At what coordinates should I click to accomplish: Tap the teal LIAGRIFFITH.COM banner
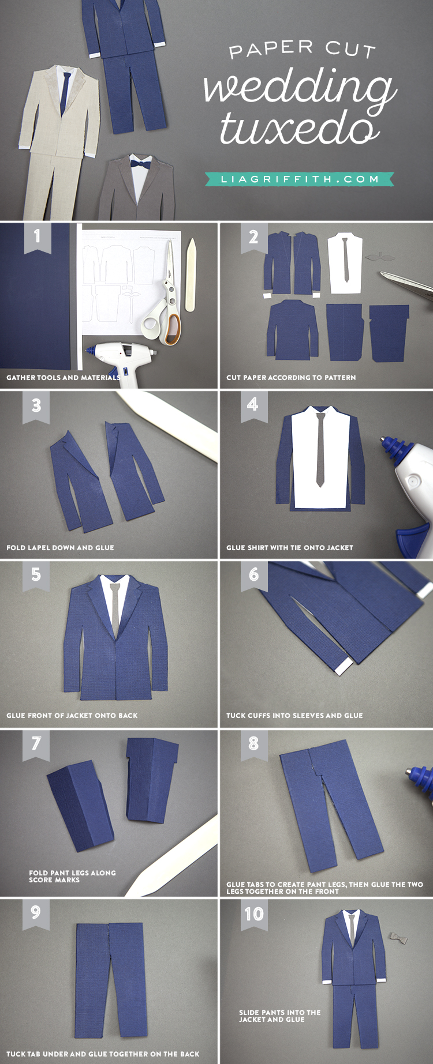click(x=300, y=179)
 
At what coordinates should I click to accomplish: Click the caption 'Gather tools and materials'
click(x=64, y=378)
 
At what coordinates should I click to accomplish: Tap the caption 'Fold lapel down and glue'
click(x=60, y=548)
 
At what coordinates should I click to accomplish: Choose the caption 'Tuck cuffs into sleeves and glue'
click(x=294, y=716)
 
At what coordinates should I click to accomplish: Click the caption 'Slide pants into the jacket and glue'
click(x=280, y=1016)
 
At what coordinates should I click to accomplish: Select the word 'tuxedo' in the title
click(x=300, y=129)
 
